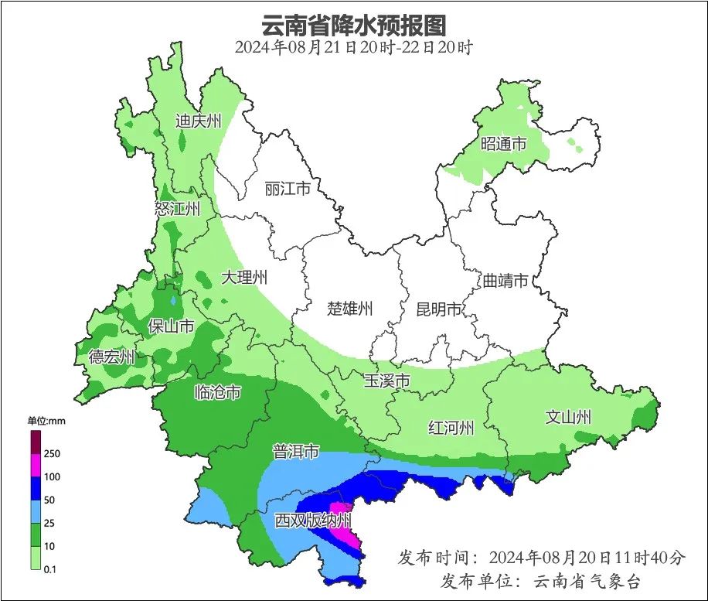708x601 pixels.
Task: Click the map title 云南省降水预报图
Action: [x=353, y=25]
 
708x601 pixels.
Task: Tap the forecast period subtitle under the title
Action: [x=353, y=46]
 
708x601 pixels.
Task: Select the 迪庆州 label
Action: [x=198, y=121]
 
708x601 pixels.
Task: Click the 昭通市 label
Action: [x=503, y=144]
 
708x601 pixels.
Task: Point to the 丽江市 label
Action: [x=287, y=189]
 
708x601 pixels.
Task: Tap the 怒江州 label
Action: [x=177, y=209]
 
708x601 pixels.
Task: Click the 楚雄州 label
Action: [x=349, y=309]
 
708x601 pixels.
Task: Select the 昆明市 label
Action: [x=438, y=309]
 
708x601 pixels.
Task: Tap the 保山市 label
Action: [x=171, y=326]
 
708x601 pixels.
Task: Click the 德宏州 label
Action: [x=111, y=357]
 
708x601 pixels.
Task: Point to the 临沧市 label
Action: [x=217, y=393]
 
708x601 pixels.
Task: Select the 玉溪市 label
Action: [x=386, y=381]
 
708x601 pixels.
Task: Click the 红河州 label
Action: [x=451, y=428]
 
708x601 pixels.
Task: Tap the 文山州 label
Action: [x=568, y=418]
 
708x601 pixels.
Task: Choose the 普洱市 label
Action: [x=295, y=452]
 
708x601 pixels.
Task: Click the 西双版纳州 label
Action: [x=313, y=521]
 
